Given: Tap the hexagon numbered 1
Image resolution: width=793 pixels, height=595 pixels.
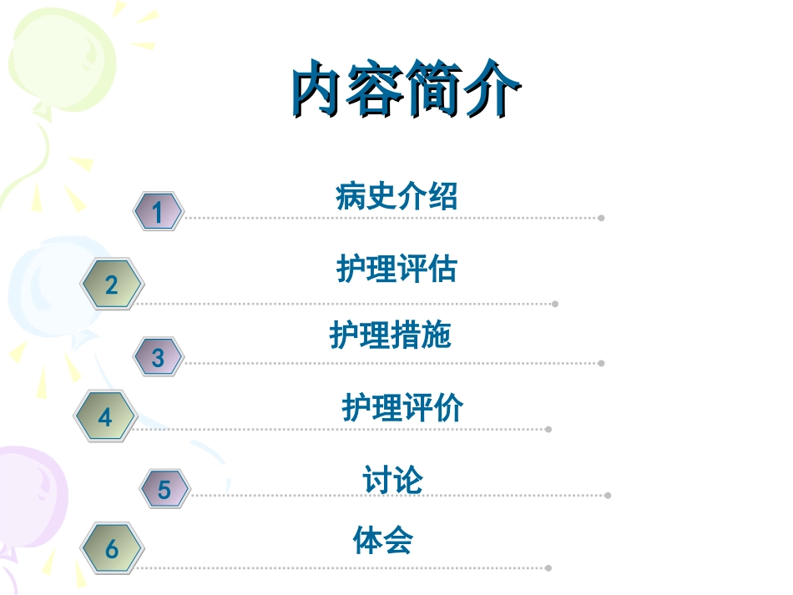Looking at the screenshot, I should click(x=158, y=211).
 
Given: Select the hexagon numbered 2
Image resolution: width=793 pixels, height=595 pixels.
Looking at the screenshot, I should click(x=112, y=285).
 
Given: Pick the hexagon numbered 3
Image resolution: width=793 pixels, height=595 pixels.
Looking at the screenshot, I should click(x=158, y=357).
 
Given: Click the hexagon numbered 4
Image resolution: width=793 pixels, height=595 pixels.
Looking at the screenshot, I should click(x=104, y=416).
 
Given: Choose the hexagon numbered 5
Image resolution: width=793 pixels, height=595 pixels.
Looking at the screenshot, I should click(x=164, y=489).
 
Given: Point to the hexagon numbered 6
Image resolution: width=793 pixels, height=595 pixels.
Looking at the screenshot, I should click(x=112, y=549).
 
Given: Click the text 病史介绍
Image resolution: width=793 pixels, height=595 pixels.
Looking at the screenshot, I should click(x=396, y=197).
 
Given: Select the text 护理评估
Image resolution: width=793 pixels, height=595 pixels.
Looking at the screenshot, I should click(x=396, y=269).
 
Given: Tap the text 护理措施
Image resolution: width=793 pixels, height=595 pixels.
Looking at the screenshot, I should click(x=390, y=335).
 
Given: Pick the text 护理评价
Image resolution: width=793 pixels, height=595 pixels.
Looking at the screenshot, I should click(x=402, y=408).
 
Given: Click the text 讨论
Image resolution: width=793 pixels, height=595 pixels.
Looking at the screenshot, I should click(x=392, y=480).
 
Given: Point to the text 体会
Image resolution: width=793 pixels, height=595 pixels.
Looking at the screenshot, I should click(x=382, y=540).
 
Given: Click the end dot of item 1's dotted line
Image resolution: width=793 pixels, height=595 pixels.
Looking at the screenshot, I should click(x=601, y=219).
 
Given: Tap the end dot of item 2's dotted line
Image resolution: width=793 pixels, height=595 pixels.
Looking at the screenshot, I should click(x=555, y=304).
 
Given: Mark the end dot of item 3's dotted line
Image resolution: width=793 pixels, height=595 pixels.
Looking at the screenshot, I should click(x=601, y=364).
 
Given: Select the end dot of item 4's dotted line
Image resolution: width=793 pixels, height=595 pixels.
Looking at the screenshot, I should click(x=548, y=430).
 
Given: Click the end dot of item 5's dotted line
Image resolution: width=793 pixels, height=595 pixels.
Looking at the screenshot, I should click(x=608, y=496).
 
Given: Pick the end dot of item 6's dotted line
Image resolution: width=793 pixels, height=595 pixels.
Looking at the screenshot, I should click(x=548, y=568).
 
